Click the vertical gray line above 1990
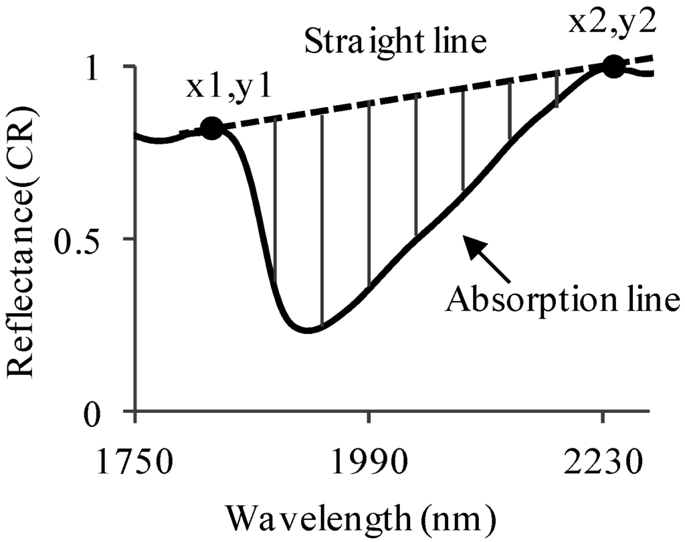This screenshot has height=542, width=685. (x=369, y=194)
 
